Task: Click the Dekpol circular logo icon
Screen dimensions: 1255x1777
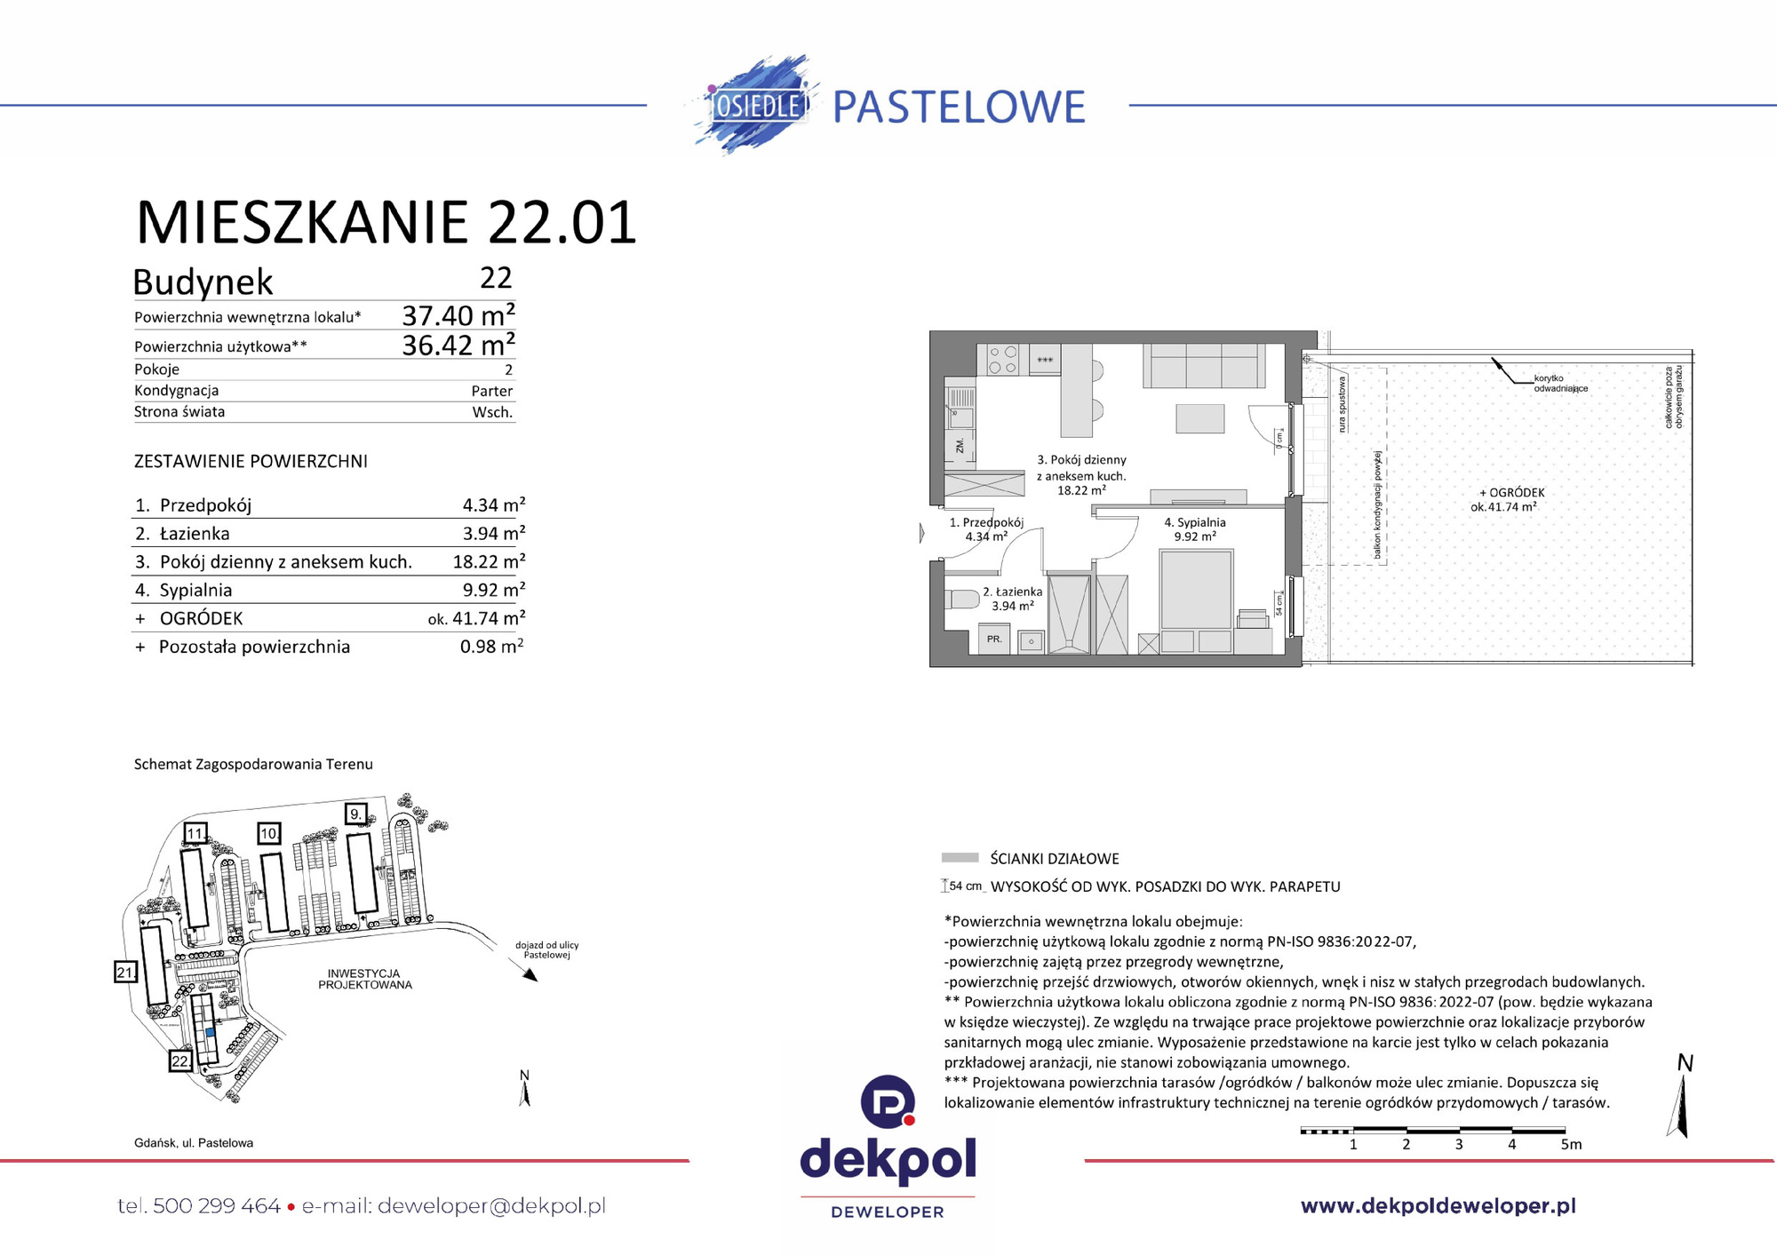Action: pos(888,1101)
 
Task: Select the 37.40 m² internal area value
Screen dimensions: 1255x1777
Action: pos(458,315)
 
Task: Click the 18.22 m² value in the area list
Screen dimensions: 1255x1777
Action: pos(488,561)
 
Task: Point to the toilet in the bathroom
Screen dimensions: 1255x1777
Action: pos(960,599)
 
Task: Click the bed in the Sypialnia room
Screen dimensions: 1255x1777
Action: pos(1196,591)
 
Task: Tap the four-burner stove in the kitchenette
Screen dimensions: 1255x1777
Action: pos(1003,360)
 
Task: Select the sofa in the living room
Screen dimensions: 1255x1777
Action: pos(1204,365)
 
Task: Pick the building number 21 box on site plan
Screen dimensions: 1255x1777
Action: pos(125,973)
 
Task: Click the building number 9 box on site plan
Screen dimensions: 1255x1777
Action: pos(355,814)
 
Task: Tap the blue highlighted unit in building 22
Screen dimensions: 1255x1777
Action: pos(210,1032)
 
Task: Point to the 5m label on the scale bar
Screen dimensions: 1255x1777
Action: pos(1571,1145)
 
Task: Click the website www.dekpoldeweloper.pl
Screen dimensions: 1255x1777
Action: pos(1438,1205)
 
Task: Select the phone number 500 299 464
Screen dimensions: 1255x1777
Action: pos(217,1206)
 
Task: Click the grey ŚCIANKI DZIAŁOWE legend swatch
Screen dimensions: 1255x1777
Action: pos(960,858)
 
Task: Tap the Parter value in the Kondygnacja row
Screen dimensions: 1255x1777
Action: pos(491,391)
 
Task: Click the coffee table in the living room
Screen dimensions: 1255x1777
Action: pos(1199,418)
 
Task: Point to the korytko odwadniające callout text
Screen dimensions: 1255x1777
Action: pos(1559,384)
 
